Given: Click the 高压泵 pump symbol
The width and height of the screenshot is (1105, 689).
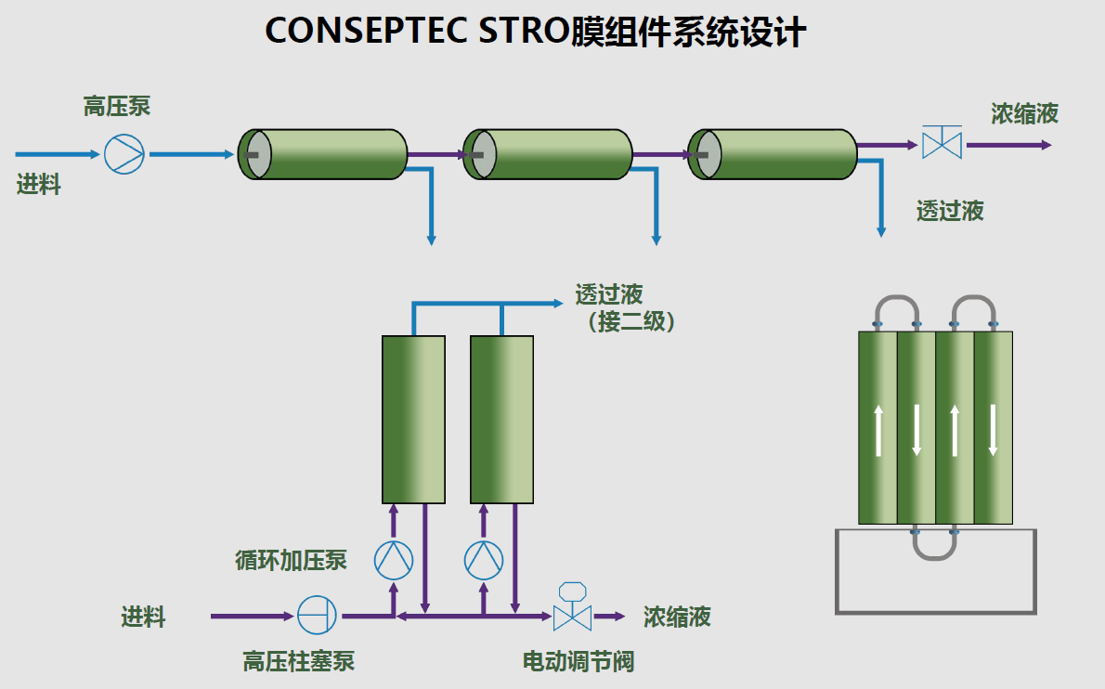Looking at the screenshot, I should click(123, 154).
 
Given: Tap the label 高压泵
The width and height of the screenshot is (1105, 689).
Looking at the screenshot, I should click(117, 107).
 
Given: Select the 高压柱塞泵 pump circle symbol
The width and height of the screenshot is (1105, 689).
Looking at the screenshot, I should click(316, 615).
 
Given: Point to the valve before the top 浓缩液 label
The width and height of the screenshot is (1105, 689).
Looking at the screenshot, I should click(941, 145).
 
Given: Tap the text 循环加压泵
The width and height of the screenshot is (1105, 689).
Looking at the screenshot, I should click(291, 560).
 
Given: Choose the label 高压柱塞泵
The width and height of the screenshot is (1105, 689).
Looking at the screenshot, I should click(299, 661).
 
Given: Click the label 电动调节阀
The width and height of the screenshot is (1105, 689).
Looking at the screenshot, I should click(578, 661).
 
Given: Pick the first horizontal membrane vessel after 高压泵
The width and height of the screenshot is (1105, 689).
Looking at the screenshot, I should click(323, 154).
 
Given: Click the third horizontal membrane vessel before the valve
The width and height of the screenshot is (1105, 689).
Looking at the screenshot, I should click(773, 154).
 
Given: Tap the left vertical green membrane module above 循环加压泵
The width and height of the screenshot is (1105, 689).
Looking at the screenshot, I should click(413, 420).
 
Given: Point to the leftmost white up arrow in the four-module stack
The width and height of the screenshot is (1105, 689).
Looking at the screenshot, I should click(878, 430).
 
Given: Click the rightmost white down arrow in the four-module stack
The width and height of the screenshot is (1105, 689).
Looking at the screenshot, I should click(993, 430).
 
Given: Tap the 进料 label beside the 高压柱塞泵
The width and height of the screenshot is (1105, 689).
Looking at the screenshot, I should click(144, 616).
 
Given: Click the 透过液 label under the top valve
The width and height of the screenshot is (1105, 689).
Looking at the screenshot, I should click(950, 211).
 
